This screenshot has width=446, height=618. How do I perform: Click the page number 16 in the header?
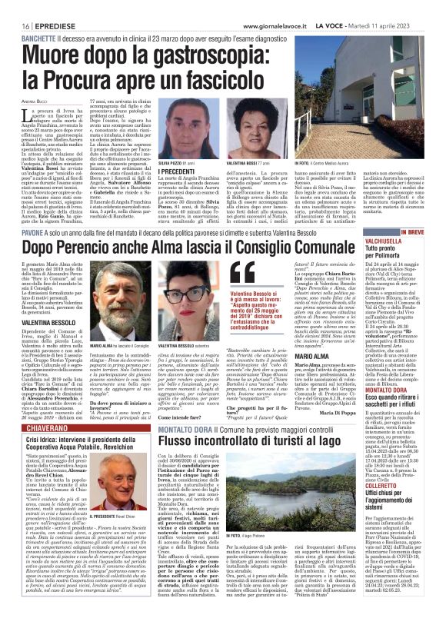coord(16,7)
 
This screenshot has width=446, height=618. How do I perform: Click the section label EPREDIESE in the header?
coord(45,7)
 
